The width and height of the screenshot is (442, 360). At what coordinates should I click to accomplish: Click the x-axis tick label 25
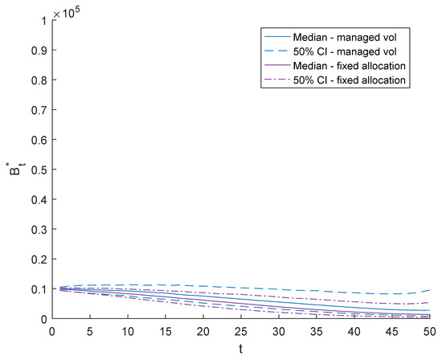(x=239, y=331)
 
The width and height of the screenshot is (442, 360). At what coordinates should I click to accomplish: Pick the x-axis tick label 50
(x=430, y=331)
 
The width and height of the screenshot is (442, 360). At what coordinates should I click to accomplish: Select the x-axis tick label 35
(x=316, y=331)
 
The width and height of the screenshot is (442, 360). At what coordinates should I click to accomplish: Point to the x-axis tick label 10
(x=125, y=331)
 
